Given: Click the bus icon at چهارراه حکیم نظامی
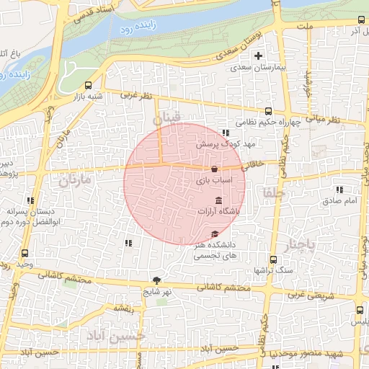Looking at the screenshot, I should click(268, 111).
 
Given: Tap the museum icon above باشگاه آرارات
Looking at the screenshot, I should click(218, 200).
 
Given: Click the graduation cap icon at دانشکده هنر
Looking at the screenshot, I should click(215, 234).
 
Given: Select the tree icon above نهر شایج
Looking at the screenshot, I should click(156, 280).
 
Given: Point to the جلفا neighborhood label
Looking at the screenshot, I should click(275, 192).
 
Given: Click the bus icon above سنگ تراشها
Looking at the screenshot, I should click(272, 259).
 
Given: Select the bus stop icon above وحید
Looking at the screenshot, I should click(26, 253).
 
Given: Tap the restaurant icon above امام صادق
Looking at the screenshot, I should click(339, 190).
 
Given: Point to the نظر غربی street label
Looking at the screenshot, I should click(137, 94).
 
